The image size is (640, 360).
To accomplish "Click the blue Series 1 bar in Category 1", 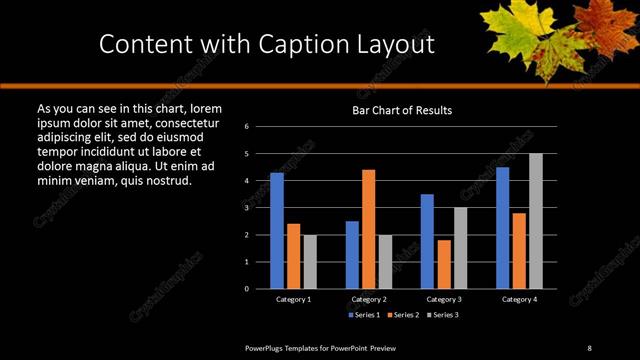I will tap(277, 231).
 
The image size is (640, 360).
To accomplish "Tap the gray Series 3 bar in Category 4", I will tap(536, 221).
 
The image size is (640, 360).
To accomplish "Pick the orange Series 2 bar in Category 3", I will tap(444, 264).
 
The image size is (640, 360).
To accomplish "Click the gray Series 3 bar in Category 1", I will tap(310, 261).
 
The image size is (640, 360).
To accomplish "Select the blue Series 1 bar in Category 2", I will tap(352, 254).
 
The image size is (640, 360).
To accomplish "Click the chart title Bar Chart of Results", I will tap(402, 110).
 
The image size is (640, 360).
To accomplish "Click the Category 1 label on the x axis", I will tap(293, 299).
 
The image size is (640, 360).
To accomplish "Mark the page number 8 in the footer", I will tap(589, 347).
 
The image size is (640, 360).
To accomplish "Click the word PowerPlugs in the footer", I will tap(268, 347).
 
